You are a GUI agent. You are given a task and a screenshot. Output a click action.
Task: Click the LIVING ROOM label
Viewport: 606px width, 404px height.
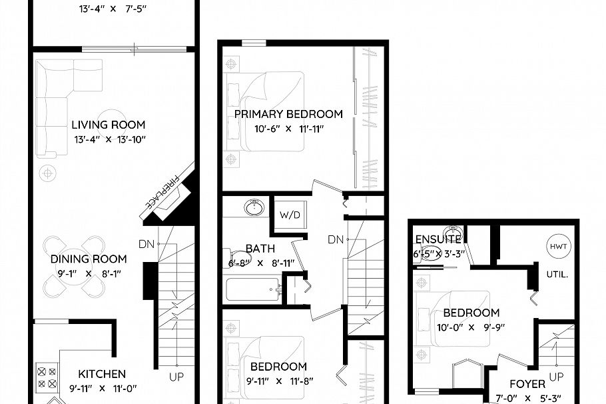coord(108,125)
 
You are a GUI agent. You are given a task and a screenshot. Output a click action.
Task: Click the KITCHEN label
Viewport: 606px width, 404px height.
coord(102,374)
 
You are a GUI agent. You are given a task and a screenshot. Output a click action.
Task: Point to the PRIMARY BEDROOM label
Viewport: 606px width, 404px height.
coord(288,114)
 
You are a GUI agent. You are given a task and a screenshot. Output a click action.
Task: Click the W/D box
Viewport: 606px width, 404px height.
coord(290,215)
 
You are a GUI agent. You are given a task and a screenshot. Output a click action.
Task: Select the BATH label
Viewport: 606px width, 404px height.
coord(260,249)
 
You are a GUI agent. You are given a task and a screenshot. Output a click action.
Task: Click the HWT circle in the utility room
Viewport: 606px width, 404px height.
coord(557,245)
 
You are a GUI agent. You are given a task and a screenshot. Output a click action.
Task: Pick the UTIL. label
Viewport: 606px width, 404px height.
coord(557,274)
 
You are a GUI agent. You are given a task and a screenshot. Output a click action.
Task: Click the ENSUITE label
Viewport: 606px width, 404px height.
coord(438,240)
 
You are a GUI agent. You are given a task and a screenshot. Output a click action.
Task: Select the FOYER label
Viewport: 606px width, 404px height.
coord(527,384)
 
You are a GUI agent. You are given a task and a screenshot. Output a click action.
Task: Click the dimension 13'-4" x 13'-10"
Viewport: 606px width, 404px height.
coord(108,139)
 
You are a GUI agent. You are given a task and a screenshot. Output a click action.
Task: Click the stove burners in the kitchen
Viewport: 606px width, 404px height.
coord(47,377)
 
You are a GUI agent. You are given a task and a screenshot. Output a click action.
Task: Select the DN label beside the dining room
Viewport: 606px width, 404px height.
coord(147,244)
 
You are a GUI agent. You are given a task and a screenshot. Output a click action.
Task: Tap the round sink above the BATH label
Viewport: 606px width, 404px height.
coord(254,207)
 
